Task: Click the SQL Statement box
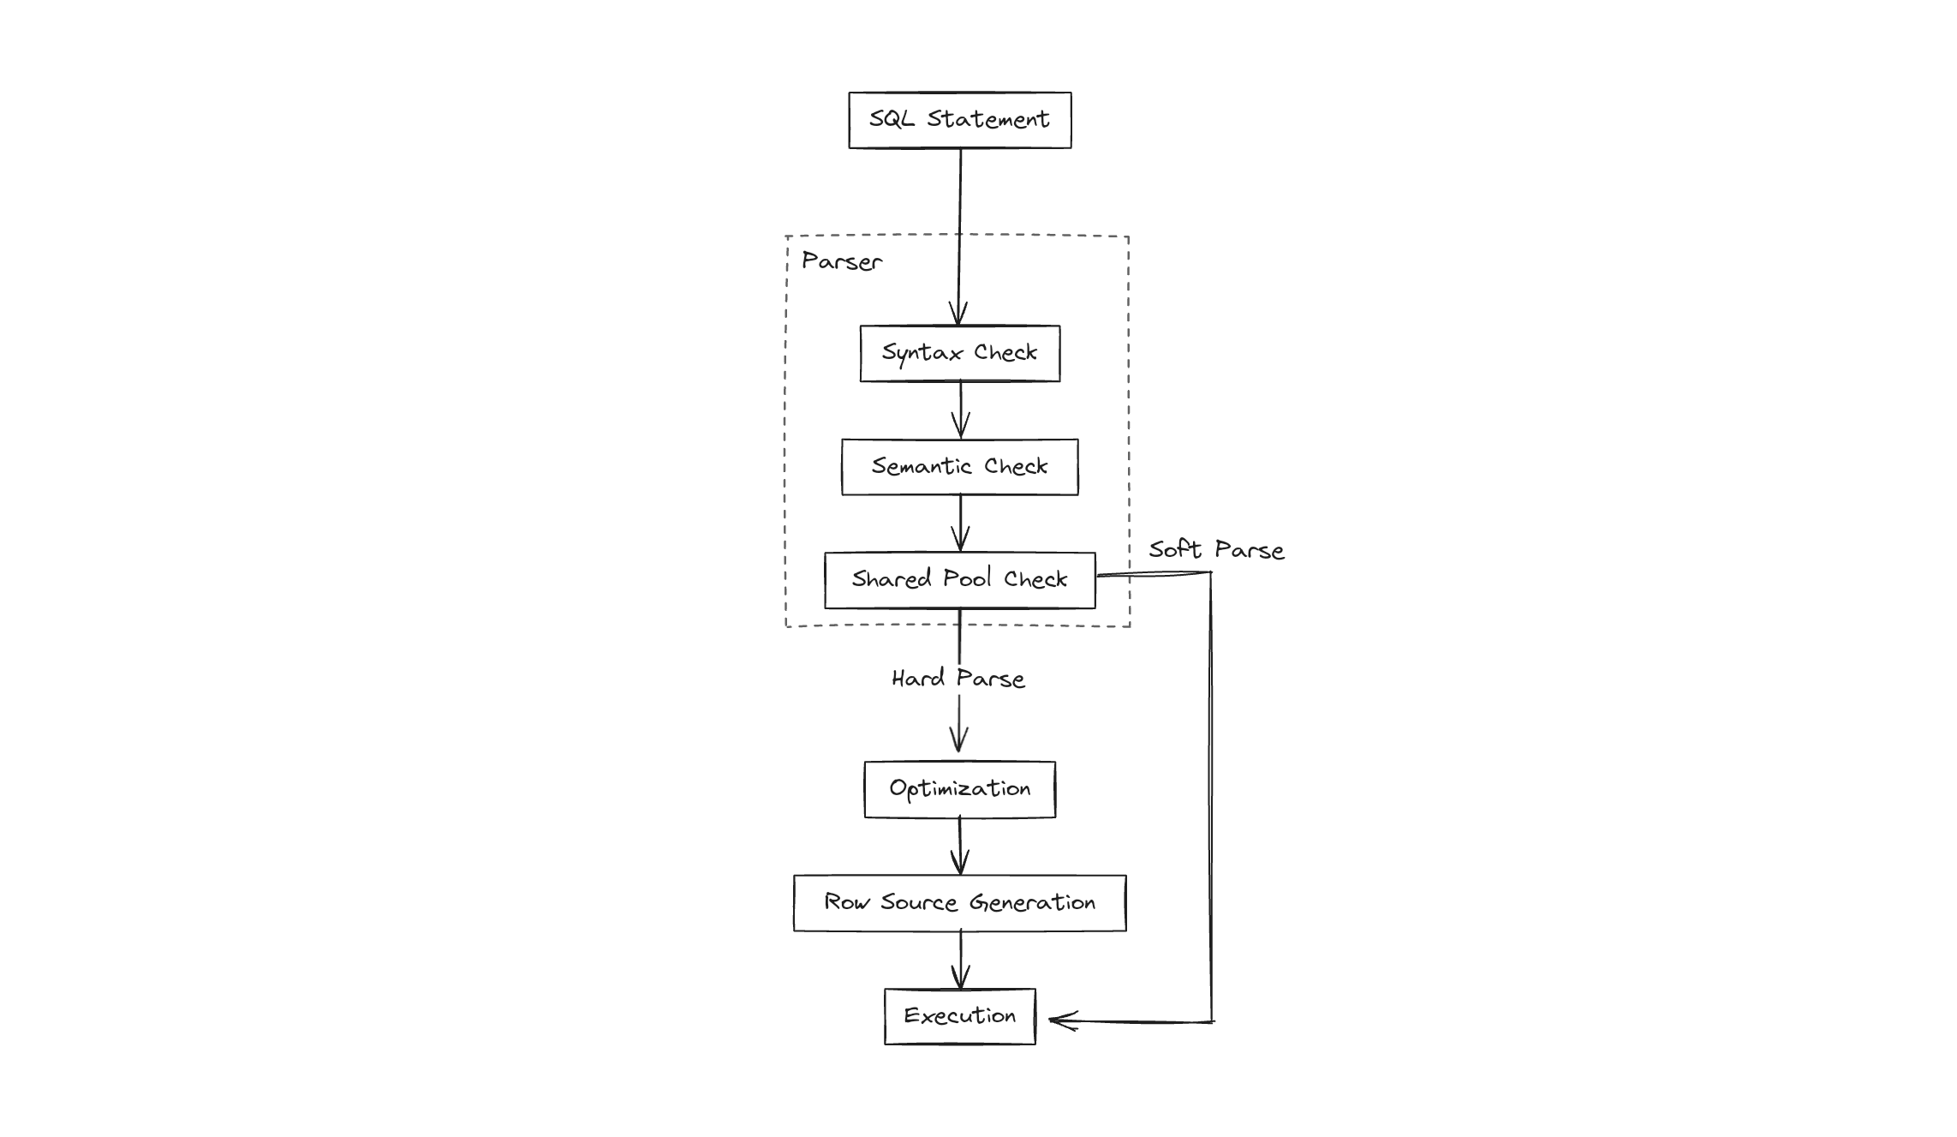(x=959, y=120)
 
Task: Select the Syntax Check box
(x=959, y=353)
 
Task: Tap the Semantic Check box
(x=959, y=467)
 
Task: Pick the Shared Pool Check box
(x=959, y=580)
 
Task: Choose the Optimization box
(x=959, y=789)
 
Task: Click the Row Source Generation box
(x=959, y=903)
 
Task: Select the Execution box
(x=959, y=1016)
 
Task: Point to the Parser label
(x=841, y=261)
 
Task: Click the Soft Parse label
(x=1216, y=550)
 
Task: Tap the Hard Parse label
(x=958, y=679)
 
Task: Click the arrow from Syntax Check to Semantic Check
(x=960, y=410)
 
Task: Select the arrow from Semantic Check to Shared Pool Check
(x=960, y=523)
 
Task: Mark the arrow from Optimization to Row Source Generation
(x=960, y=846)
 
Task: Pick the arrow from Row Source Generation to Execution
(x=960, y=960)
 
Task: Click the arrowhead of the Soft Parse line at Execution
(x=1058, y=1020)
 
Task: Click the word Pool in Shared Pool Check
(x=966, y=578)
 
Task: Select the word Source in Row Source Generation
(x=918, y=902)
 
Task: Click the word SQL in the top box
(x=892, y=119)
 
